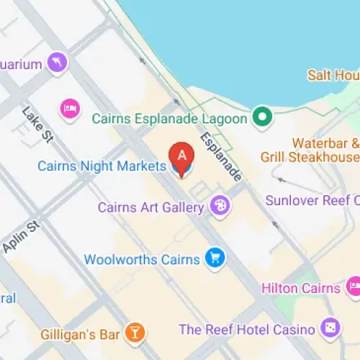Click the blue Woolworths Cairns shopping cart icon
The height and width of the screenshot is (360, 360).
point(214,258)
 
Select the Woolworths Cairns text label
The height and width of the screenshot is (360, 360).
point(143,258)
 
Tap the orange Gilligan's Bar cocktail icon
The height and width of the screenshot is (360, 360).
point(134,332)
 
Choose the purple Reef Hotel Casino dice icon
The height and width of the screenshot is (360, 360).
point(330,328)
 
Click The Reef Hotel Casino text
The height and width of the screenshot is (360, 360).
point(246,329)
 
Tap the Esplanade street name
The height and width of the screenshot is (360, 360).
point(221,157)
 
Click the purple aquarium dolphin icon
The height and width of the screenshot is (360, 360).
point(57,63)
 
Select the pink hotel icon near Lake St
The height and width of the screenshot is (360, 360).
point(70,108)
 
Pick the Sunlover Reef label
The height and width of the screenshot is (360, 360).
point(312,200)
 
